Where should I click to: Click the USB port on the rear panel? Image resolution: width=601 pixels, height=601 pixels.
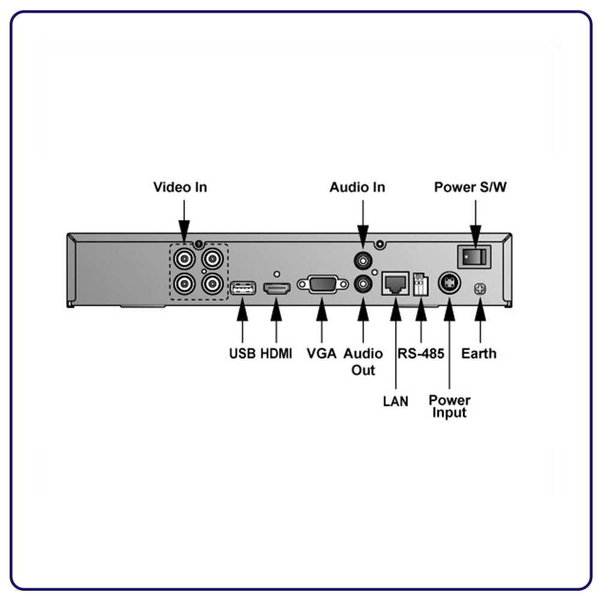[x=243, y=288]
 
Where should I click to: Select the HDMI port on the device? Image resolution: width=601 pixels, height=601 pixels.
[x=276, y=288]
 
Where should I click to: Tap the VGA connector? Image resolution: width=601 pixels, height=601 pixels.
[x=322, y=284]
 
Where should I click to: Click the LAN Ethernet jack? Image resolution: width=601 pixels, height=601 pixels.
[x=395, y=283]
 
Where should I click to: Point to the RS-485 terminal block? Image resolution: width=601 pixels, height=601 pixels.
[x=421, y=284]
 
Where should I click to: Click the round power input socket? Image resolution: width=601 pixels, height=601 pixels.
[x=449, y=283]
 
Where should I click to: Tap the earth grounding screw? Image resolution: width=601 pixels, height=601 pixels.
[x=480, y=289]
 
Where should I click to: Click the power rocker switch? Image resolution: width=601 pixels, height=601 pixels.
[x=474, y=257]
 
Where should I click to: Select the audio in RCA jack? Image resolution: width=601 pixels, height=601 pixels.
[x=362, y=261]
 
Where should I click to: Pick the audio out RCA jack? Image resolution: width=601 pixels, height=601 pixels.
[x=362, y=284]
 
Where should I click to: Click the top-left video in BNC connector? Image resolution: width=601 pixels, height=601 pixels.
[x=185, y=259]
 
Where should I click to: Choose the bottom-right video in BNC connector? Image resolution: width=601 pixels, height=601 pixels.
[x=212, y=284]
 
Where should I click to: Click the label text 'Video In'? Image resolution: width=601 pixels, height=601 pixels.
[x=180, y=188]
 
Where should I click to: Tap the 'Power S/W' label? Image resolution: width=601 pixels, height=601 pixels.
[x=471, y=188]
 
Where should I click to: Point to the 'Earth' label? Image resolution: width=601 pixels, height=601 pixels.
[x=479, y=353]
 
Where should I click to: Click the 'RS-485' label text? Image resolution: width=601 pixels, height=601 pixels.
[x=421, y=353]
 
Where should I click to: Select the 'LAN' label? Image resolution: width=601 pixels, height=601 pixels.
[x=395, y=401]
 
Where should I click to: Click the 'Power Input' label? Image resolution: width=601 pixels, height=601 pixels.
[x=449, y=406]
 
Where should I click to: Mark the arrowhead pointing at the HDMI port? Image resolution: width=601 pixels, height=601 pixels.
[x=276, y=310]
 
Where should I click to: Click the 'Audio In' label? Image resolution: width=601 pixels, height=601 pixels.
[x=357, y=188]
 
